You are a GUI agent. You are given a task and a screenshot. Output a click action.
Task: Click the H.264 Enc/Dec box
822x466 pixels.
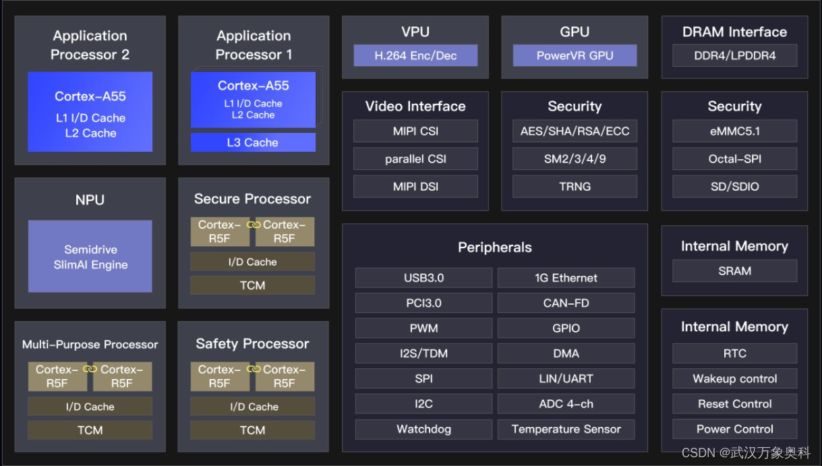415,55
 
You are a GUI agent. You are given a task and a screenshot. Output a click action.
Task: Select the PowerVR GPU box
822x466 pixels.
575,55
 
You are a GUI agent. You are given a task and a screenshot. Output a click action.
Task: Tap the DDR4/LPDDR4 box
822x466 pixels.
734,55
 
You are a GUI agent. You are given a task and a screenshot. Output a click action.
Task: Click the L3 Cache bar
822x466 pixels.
253,142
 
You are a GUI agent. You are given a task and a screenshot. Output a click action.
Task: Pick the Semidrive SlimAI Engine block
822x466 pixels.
90,256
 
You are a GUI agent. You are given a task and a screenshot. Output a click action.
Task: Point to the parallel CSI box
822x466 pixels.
415,158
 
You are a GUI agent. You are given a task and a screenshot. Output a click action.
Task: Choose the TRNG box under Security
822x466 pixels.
575,186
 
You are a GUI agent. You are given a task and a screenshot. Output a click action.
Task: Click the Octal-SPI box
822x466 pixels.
734,158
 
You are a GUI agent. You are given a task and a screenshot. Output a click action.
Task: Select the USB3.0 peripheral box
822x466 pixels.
423,278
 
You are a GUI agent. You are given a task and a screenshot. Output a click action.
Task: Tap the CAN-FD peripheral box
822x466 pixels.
566,303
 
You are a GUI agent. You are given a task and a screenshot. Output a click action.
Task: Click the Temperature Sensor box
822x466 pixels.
566,429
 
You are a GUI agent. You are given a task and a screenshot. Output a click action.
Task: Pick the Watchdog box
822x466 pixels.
423,429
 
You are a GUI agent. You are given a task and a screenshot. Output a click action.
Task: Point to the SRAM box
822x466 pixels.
734,270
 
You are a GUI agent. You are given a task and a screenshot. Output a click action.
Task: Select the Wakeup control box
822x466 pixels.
734,378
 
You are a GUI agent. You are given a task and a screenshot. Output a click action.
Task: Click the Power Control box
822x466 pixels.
734,429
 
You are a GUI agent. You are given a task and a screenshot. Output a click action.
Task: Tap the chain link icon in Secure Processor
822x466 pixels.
254,225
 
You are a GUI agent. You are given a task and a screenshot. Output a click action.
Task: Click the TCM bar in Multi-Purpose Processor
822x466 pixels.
90,430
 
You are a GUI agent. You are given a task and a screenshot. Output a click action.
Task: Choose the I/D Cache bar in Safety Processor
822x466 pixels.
253,407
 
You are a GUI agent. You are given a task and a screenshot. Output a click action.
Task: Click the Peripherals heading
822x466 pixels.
494,247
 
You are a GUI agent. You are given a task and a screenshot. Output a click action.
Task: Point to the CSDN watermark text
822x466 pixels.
746,453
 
